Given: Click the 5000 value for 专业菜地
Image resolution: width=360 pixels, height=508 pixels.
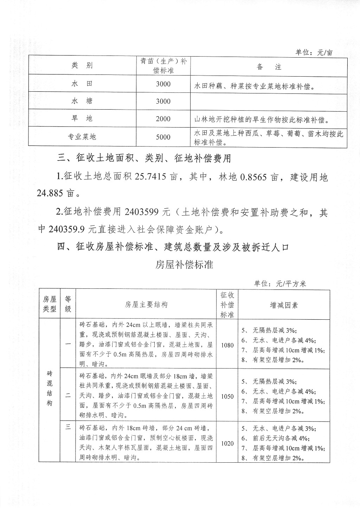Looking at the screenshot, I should [163, 137].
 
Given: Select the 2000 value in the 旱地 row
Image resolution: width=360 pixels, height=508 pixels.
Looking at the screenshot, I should [163, 119].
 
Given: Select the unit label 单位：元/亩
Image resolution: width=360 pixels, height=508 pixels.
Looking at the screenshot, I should [314, 53].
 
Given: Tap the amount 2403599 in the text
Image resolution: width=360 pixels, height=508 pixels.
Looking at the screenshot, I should [142, 212].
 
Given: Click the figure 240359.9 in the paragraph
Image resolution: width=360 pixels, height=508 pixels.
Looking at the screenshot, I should [67, 229].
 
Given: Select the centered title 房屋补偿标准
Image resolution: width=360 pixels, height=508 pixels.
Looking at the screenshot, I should [184, 264].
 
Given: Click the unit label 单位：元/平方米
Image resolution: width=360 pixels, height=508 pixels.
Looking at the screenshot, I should [280, 284].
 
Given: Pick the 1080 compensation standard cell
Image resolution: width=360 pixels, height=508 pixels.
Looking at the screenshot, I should [227, 345].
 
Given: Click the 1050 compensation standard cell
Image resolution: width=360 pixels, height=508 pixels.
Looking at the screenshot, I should [227, 396].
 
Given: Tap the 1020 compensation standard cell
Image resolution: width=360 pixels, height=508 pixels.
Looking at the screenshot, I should [227, 443].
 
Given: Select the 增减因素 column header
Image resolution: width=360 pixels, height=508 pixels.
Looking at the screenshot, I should [284, 305].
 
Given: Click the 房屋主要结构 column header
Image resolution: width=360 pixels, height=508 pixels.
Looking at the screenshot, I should [146, 305].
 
